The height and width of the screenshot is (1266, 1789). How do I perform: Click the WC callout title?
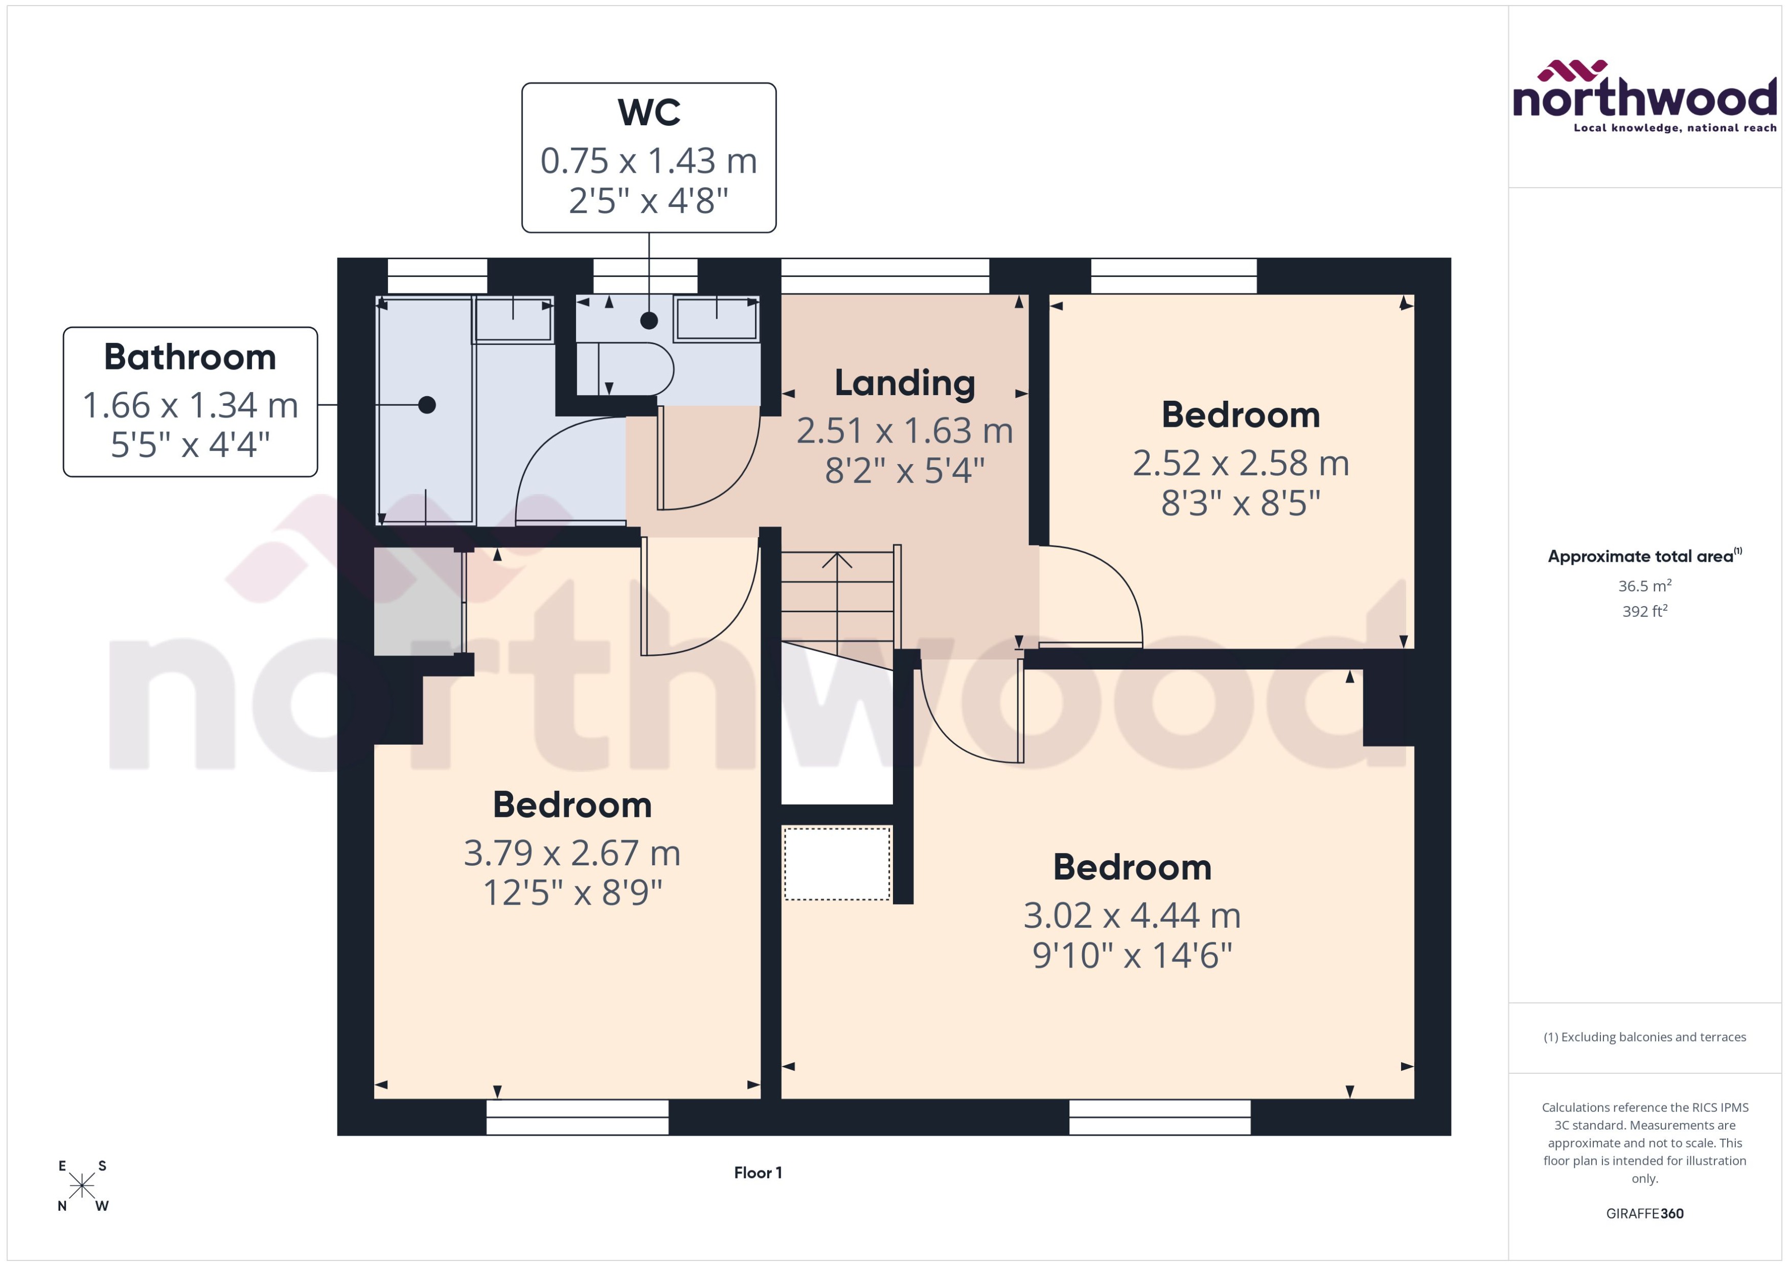pos(649,113)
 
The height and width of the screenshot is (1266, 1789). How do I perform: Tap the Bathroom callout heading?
pos(190,358)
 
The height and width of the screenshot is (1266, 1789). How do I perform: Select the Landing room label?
pos(904,383)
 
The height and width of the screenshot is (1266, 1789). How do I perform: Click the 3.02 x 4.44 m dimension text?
pos(1132,916)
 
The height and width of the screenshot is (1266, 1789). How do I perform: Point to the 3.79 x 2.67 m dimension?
pos(572,854)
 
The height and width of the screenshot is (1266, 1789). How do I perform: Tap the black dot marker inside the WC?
pos(649,320)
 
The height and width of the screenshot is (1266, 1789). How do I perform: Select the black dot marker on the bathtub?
pos(426,405)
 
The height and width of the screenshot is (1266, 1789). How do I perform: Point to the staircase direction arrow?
pos(836,561)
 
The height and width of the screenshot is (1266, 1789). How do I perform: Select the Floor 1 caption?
pos(758,1173)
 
